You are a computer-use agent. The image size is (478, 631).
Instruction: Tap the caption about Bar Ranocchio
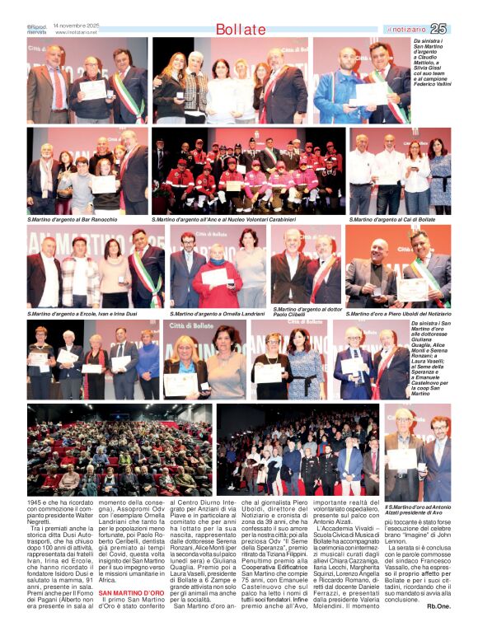(x=73, y=220)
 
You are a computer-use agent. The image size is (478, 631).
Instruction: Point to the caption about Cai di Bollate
(x=391, y=220)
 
